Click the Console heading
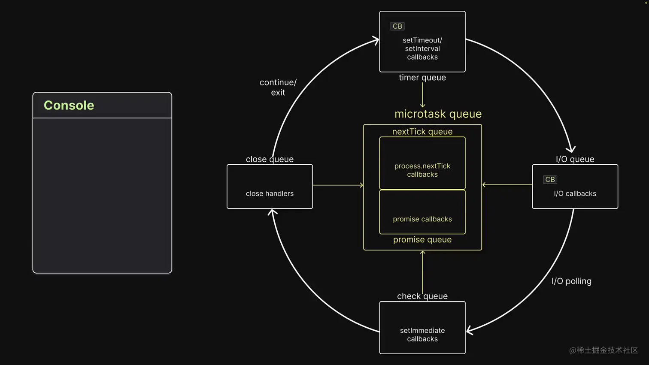click(69, 105)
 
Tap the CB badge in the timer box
click(397, 26)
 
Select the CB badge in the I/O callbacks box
click(550, 179)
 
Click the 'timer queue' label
click(422, 78)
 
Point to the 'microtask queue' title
click(438, 114)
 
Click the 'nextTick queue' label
click(422, 132)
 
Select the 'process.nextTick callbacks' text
click(422, 170)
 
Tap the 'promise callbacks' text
click(422, 219)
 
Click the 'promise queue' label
click(422, 240)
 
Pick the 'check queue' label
click(422, 296)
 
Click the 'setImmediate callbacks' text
click(422, 335)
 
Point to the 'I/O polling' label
click(571, 281)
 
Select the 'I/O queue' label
click(575, 159)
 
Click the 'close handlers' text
click(270, 194)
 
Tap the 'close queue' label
click(270, 159)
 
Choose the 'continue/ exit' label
click(278, 87)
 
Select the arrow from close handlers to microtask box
click(338, 185)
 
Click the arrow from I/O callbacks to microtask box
click(507, 185)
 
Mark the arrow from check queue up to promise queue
click(423, 272)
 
